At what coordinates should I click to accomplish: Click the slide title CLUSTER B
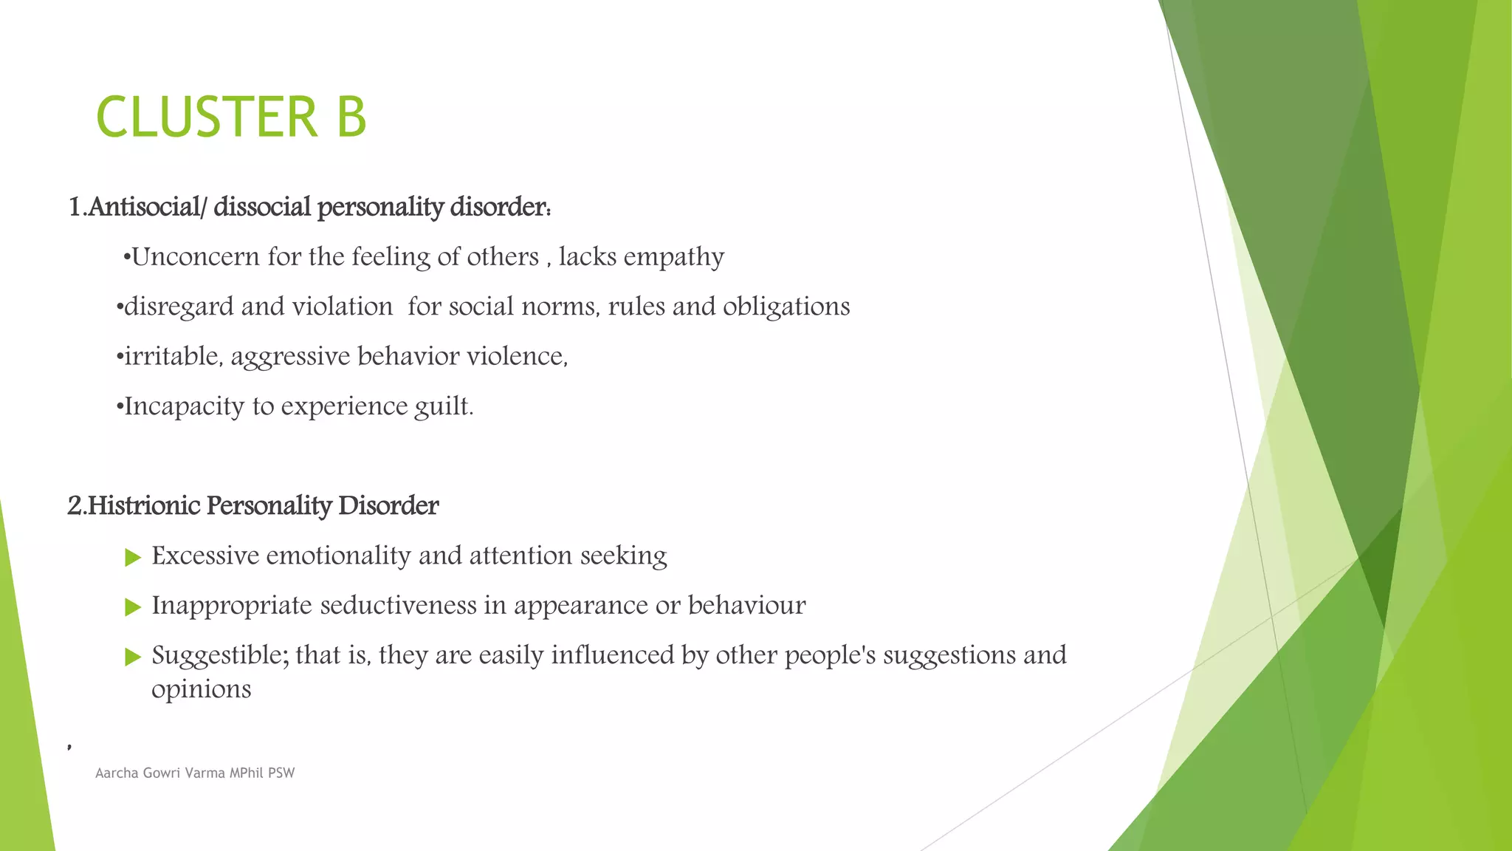pyautogui.click(x=231, y=117)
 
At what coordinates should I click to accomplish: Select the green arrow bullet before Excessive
pyautogui.click(x=133, y=557)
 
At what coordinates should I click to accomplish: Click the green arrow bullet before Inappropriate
pyautogui.click(x=133, y=607)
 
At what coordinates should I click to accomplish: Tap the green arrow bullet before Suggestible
pyautogui.click(x=133, y=657)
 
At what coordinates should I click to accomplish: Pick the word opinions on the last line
pyautogui.click(x=201, y=690)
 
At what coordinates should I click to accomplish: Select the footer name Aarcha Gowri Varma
pyautogui.click(x=159, y=773)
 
